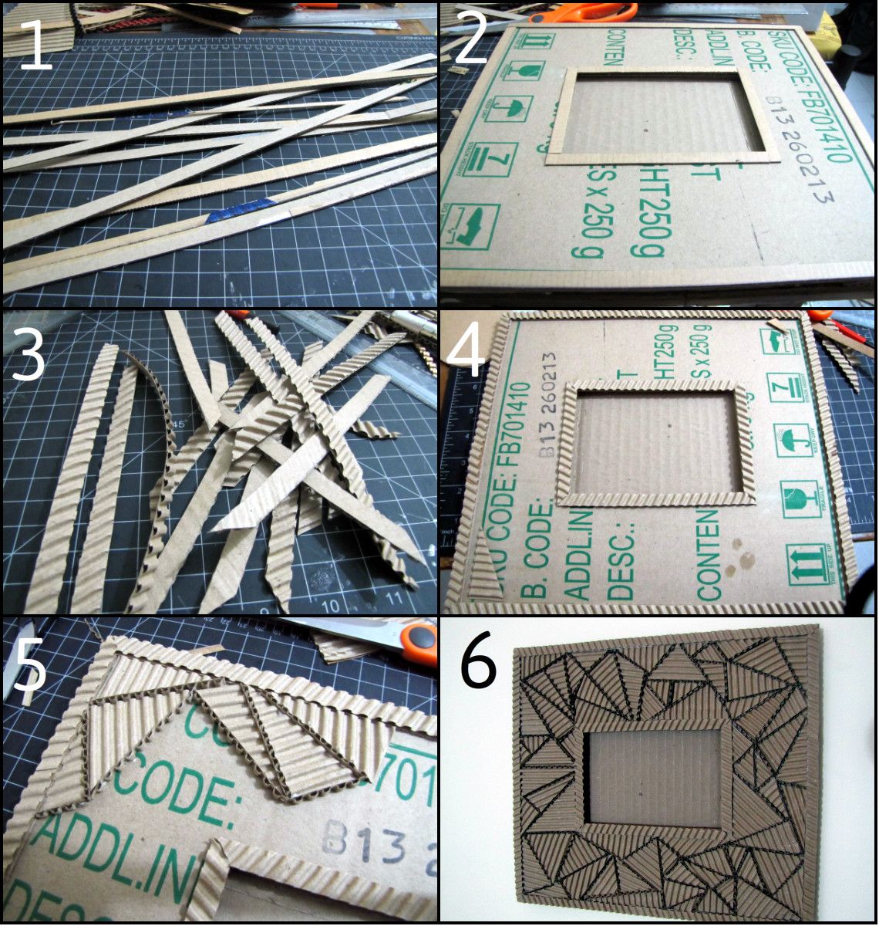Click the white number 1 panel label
(x=35, y=44)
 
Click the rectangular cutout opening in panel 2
(x=663, y=116)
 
